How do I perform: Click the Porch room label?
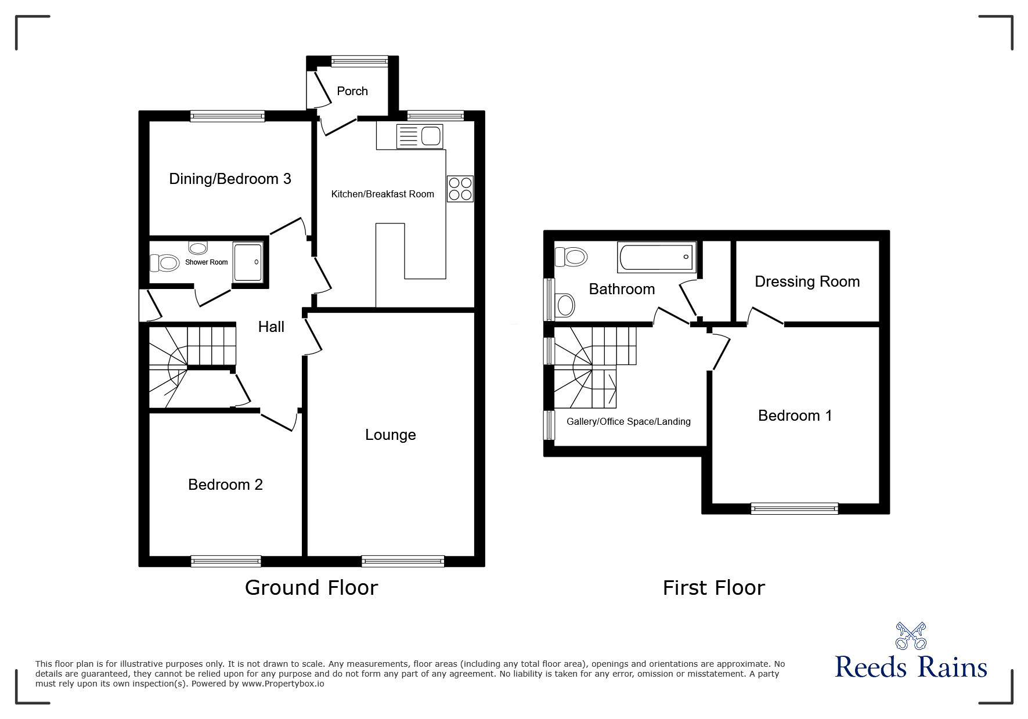coord(352,91)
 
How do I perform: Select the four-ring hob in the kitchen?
coord(460,189)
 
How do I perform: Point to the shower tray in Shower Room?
coord(248,262)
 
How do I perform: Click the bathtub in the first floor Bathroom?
coord(657,257)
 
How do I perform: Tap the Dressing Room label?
coord(807,281)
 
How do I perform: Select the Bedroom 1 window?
coord(794,508)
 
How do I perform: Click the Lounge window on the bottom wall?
coord(402,561)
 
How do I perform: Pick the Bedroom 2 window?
coord(226,561)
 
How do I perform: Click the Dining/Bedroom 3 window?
coord(228,116)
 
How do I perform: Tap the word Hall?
coord(271,327)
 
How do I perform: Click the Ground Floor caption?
coord(311,588)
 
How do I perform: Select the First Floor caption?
coord(713,588)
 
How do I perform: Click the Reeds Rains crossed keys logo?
coord(911,635)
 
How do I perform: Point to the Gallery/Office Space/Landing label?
coord(628,421)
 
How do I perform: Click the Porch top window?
coord(359,61)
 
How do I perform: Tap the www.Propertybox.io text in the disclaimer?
coord(283,684)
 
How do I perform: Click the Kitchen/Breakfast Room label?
coord(383,194)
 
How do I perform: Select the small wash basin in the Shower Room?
coord(198,248)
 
